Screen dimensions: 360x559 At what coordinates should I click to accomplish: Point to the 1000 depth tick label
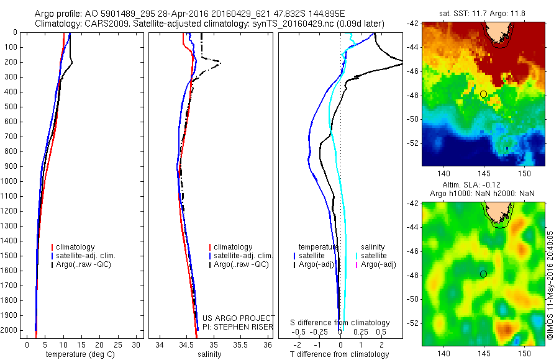(x=11, y=181)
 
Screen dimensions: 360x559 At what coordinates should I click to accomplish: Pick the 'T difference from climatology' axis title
(x=340, y=354)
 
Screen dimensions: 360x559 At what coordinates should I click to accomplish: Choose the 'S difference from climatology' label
(x=340, y=323)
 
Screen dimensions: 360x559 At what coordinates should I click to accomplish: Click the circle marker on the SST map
(x=483, y=94)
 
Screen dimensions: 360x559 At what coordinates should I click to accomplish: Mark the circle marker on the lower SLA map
(x=483, y=274)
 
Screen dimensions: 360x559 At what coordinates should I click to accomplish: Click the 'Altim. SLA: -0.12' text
(x=483, y=186)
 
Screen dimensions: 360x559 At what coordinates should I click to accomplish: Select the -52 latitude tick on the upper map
(x=414, y=143)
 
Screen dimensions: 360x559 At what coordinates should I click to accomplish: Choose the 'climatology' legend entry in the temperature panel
(x=77, y=247)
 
